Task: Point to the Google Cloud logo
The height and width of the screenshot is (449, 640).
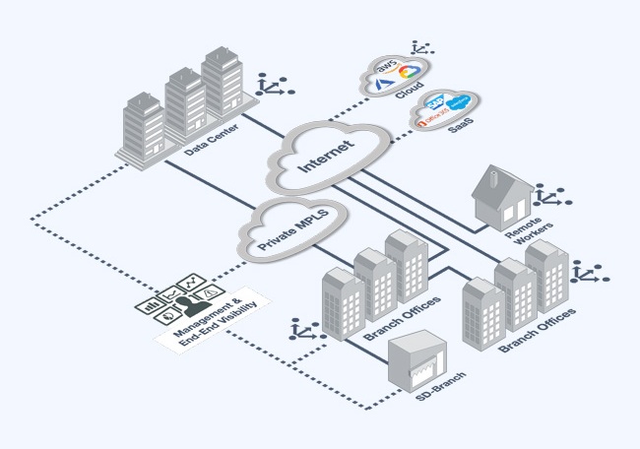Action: [409, 71]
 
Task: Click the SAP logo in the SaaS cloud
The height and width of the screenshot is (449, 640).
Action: [434, 104]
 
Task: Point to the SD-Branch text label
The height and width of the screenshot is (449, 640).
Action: [438, 392]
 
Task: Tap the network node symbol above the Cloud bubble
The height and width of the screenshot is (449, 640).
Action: [423, 46]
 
